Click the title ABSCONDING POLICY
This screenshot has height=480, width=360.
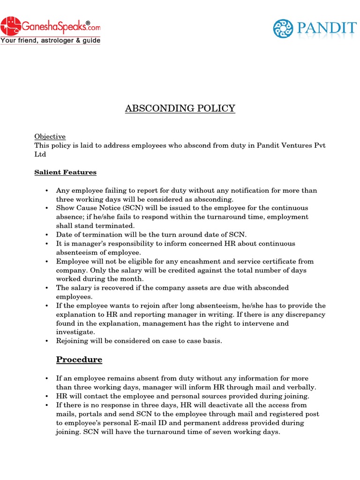(x=180, y=109)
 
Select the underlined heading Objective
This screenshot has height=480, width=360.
(x=50, y=136)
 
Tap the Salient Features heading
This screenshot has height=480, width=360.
(x=65, y=172)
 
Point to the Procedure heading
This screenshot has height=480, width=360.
(x=79, y=360)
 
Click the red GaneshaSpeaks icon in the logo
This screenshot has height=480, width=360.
(x=10, y=25)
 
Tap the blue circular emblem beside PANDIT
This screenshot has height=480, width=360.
(x=283, y=29)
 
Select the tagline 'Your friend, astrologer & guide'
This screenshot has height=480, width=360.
(x=50, y=41)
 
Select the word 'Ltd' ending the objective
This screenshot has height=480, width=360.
(x=40, y=154)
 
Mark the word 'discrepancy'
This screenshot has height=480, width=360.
(x=303, y=315)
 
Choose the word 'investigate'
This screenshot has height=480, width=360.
(x=75, y=332)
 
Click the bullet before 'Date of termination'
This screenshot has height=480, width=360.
(x=47, y=235)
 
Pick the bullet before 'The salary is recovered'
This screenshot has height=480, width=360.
(x=47, y=288)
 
